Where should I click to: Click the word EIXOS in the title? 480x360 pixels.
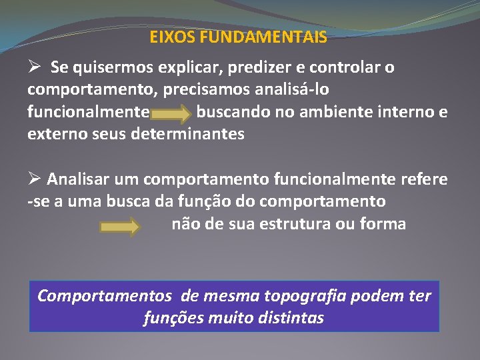(169, 37)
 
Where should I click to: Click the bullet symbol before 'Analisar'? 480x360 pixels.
(35, 179)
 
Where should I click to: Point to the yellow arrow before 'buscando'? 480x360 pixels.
(174, 115)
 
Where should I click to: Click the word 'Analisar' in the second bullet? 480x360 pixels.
(79, 179)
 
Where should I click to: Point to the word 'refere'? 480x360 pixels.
(424, 179)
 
